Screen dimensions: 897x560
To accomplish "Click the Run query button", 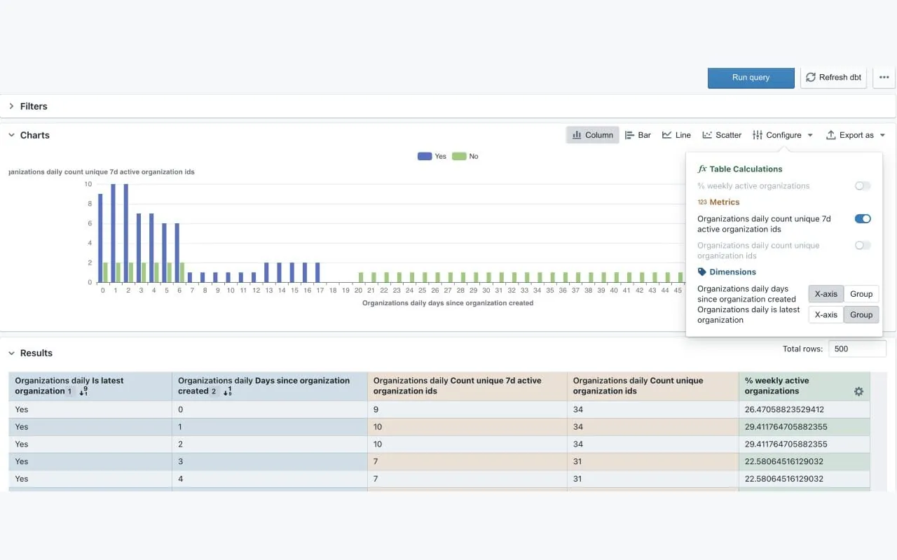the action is click(751, 78).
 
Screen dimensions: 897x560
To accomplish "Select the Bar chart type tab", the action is click(638, 135).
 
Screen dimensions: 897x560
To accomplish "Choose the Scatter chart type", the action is click(722, 135).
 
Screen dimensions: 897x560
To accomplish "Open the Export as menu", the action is click(856, 135).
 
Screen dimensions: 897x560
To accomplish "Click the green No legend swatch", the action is click(459, 156).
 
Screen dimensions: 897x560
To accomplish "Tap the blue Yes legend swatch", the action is click(425, 156).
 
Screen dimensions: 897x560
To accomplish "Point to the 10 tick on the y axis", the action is click(88, 184).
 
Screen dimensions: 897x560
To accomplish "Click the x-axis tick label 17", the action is click(320, 290).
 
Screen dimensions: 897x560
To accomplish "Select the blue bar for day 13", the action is click(267, 272).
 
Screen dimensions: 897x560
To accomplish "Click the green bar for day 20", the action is click(361, 277).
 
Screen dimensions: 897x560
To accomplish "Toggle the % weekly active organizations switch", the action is click(863, 185).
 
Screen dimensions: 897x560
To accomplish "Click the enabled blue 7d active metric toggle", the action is click(863, 219).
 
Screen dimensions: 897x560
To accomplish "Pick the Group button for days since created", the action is click(861, 294).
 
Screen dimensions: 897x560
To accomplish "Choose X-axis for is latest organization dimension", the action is click(826, 315).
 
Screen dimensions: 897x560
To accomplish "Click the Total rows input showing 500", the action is click(857, 349).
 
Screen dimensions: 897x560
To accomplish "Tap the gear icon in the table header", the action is click(858, 391).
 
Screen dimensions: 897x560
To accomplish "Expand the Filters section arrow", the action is click(11, 106).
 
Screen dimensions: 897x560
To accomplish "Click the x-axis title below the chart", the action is click(448, 303).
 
